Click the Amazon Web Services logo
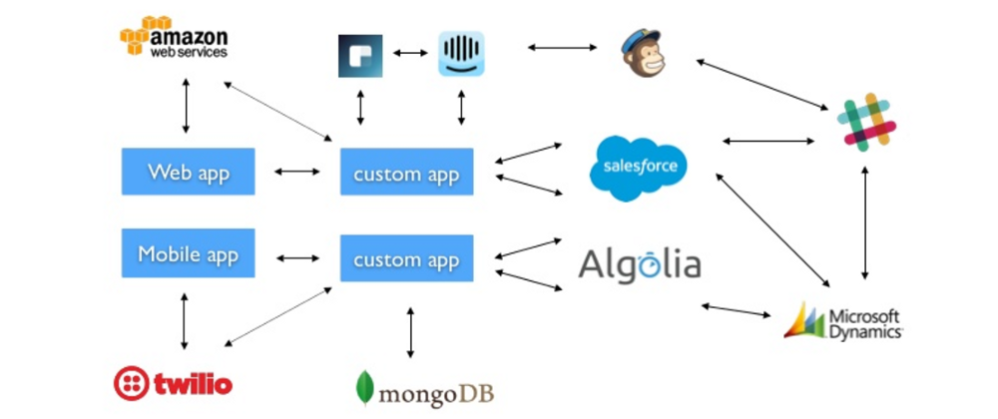[x=174, y=39]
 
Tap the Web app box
[x=189, y=172]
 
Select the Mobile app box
[x=189, y=253]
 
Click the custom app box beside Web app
[x=406, y=174]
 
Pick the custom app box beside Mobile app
[x=406, y=259]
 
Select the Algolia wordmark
[x=639, y=264]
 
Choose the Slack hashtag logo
[x=866, y=122]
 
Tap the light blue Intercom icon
[x=461, y=54]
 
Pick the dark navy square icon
[x=360, y=55]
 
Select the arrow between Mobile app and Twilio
[x=184, y=321]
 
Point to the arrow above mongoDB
[x=410, y=332]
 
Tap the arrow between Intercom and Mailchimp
[x=560, y=46]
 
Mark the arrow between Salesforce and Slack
[x=768, y=142]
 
